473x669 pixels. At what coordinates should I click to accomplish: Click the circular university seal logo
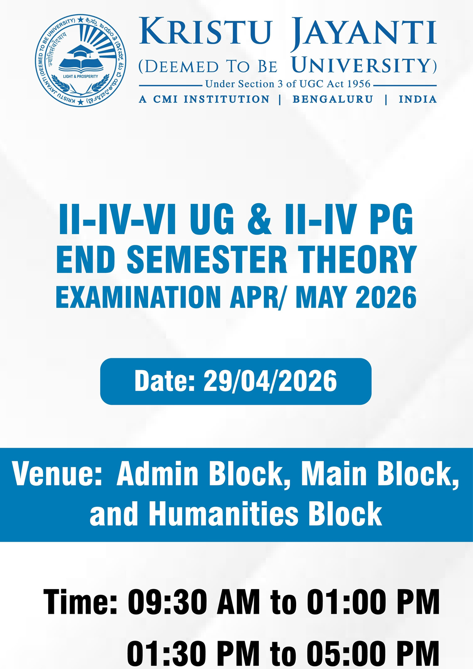point(80,61)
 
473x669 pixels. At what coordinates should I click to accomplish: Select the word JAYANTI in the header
point(364,32)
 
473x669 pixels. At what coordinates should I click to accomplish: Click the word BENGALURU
point(333,99)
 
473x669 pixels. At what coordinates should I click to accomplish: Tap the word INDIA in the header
point(418,99)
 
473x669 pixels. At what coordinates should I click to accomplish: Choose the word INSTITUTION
point(227,99)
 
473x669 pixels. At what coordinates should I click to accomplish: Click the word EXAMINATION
point(138,297)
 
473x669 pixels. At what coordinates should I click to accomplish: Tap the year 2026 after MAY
point(386,297)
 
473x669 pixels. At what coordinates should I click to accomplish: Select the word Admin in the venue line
point(157,474)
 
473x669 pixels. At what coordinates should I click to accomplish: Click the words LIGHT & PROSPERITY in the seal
point(80,77)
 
